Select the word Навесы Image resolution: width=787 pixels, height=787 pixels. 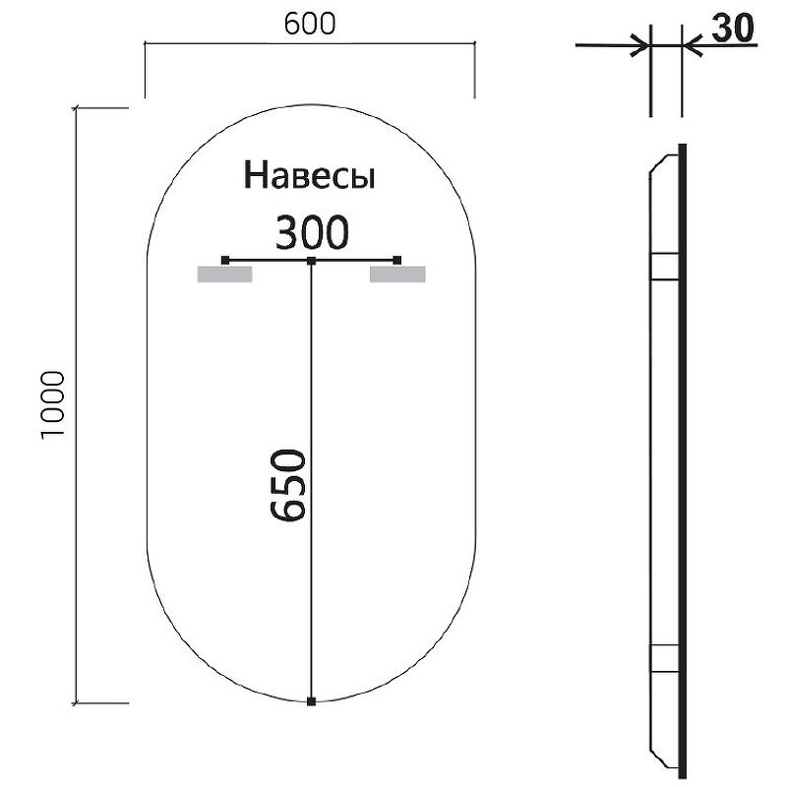311,176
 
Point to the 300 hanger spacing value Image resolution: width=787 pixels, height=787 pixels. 311,233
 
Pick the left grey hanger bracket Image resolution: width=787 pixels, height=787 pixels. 225,273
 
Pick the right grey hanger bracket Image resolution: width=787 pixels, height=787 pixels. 397,273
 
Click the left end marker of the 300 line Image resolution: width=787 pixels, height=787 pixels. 225,260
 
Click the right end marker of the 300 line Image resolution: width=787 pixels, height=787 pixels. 397,260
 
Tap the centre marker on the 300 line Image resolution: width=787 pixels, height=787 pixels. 312,260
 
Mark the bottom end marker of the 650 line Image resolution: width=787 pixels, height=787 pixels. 312,701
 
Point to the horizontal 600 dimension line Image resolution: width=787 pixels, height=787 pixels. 310,44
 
